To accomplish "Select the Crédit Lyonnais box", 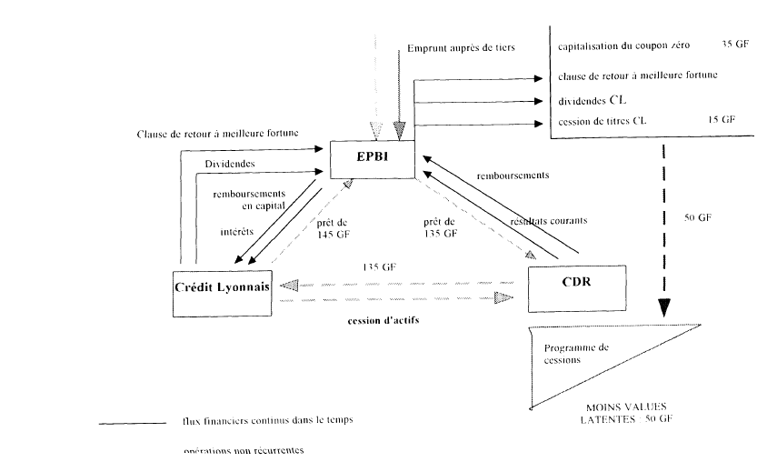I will pyautogui.click(x=223, y=292).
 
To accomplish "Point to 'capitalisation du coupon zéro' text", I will pyautogui.click(x=623, y=42).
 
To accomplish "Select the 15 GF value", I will pyautogui.click(x=722, y=119).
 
